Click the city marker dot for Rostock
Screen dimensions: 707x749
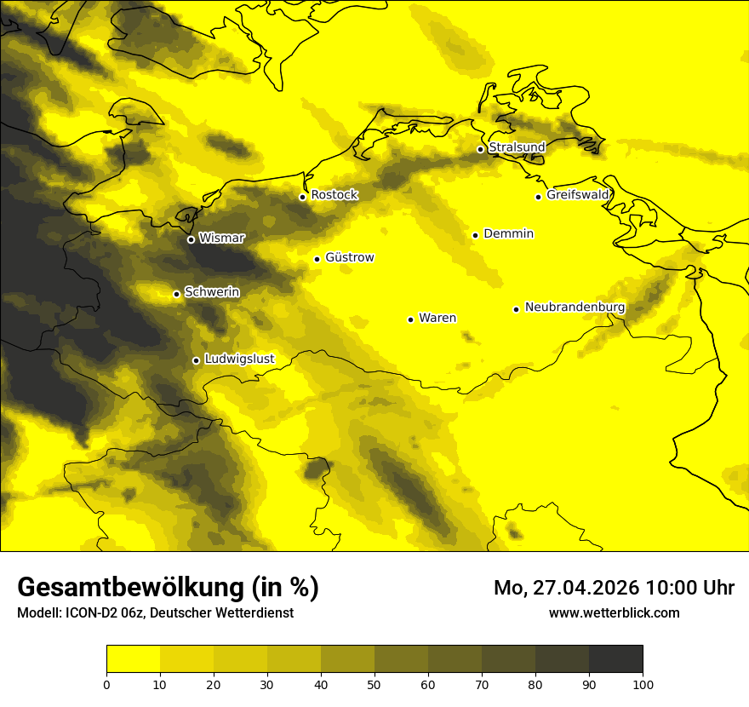pos(302,197)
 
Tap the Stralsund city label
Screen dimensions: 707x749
pos(517,147)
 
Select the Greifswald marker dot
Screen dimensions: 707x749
pos(538,197)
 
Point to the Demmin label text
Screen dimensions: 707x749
pos(508,233)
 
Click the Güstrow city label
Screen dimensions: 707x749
pos(349,257)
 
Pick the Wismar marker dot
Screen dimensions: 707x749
pos(191,239)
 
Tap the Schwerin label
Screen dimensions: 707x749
pos(212,292)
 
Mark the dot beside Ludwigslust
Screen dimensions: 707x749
pos(196,360)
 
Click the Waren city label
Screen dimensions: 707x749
pos(437,318)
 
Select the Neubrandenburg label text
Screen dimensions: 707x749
pos(575,308)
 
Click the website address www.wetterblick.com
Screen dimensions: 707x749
pos(614,612)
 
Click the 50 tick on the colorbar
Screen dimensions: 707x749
pos(374,683)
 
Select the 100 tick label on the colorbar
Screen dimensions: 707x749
pos(643,683)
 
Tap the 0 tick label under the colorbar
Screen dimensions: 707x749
pos(106,683)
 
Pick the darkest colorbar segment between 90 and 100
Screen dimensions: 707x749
pos(615,659)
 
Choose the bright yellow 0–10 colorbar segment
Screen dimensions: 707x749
pos(133,659)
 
